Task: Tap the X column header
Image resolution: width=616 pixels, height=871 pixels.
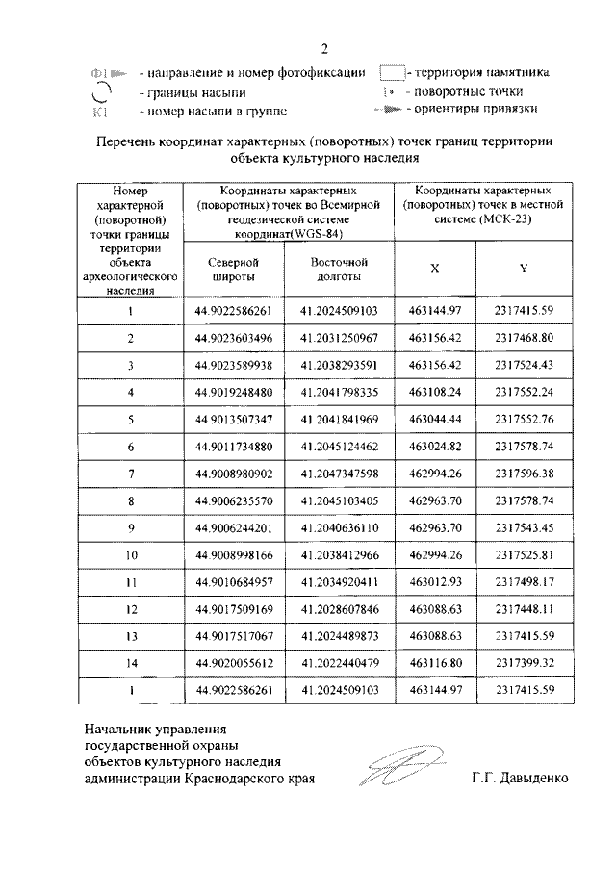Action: click(434, 269)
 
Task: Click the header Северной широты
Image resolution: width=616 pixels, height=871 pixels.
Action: click(234, 269)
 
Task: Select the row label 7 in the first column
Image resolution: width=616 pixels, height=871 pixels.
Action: click(129, 473)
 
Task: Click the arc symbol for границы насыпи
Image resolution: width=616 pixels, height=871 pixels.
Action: click(98, 92)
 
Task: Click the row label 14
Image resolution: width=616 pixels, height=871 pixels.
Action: click(129, 663)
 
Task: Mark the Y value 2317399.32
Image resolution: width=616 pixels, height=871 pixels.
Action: click(525, 663)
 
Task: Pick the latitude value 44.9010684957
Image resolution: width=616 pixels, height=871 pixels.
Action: click(234, 581)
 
